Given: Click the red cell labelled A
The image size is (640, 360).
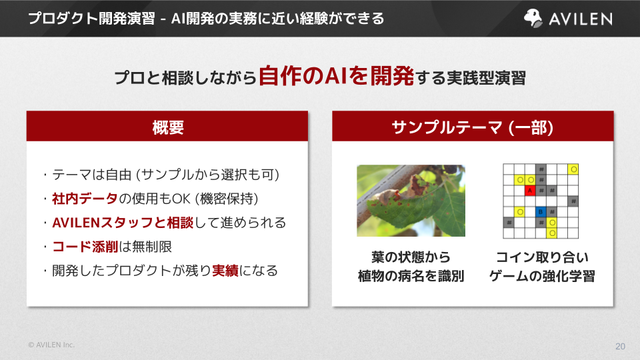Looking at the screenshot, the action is coord(530,190).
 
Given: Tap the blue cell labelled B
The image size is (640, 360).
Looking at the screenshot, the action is coord(541,211).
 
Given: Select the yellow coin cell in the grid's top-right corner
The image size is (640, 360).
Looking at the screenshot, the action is coord(573,169).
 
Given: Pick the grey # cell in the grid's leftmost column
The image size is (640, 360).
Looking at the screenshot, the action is coord(509,223).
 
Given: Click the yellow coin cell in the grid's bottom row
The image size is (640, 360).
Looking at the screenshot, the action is coord(552,233).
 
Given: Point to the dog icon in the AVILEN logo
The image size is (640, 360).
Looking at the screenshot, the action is coord(533,19).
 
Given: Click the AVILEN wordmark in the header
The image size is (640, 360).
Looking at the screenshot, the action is coord(581,19).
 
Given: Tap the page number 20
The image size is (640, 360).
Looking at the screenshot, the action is coord(620,346).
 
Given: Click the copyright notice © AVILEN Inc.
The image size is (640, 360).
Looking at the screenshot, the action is coord(51,345).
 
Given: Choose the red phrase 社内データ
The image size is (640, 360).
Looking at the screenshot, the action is coord(85,199).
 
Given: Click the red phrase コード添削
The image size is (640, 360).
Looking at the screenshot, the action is coord(85,247).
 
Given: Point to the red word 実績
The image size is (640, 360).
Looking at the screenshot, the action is coord(225,271).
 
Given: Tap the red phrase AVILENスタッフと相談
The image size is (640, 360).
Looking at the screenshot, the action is coord(123,223).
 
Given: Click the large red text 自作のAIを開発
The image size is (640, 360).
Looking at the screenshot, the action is coord(336,75).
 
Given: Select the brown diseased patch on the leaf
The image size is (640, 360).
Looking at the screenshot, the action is coord(417,185).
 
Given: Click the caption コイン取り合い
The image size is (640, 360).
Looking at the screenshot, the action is coord(542,257).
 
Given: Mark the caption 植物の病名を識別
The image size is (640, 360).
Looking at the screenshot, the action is coord(411,276).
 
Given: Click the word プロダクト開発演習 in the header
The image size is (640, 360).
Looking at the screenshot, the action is coord(92,19).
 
